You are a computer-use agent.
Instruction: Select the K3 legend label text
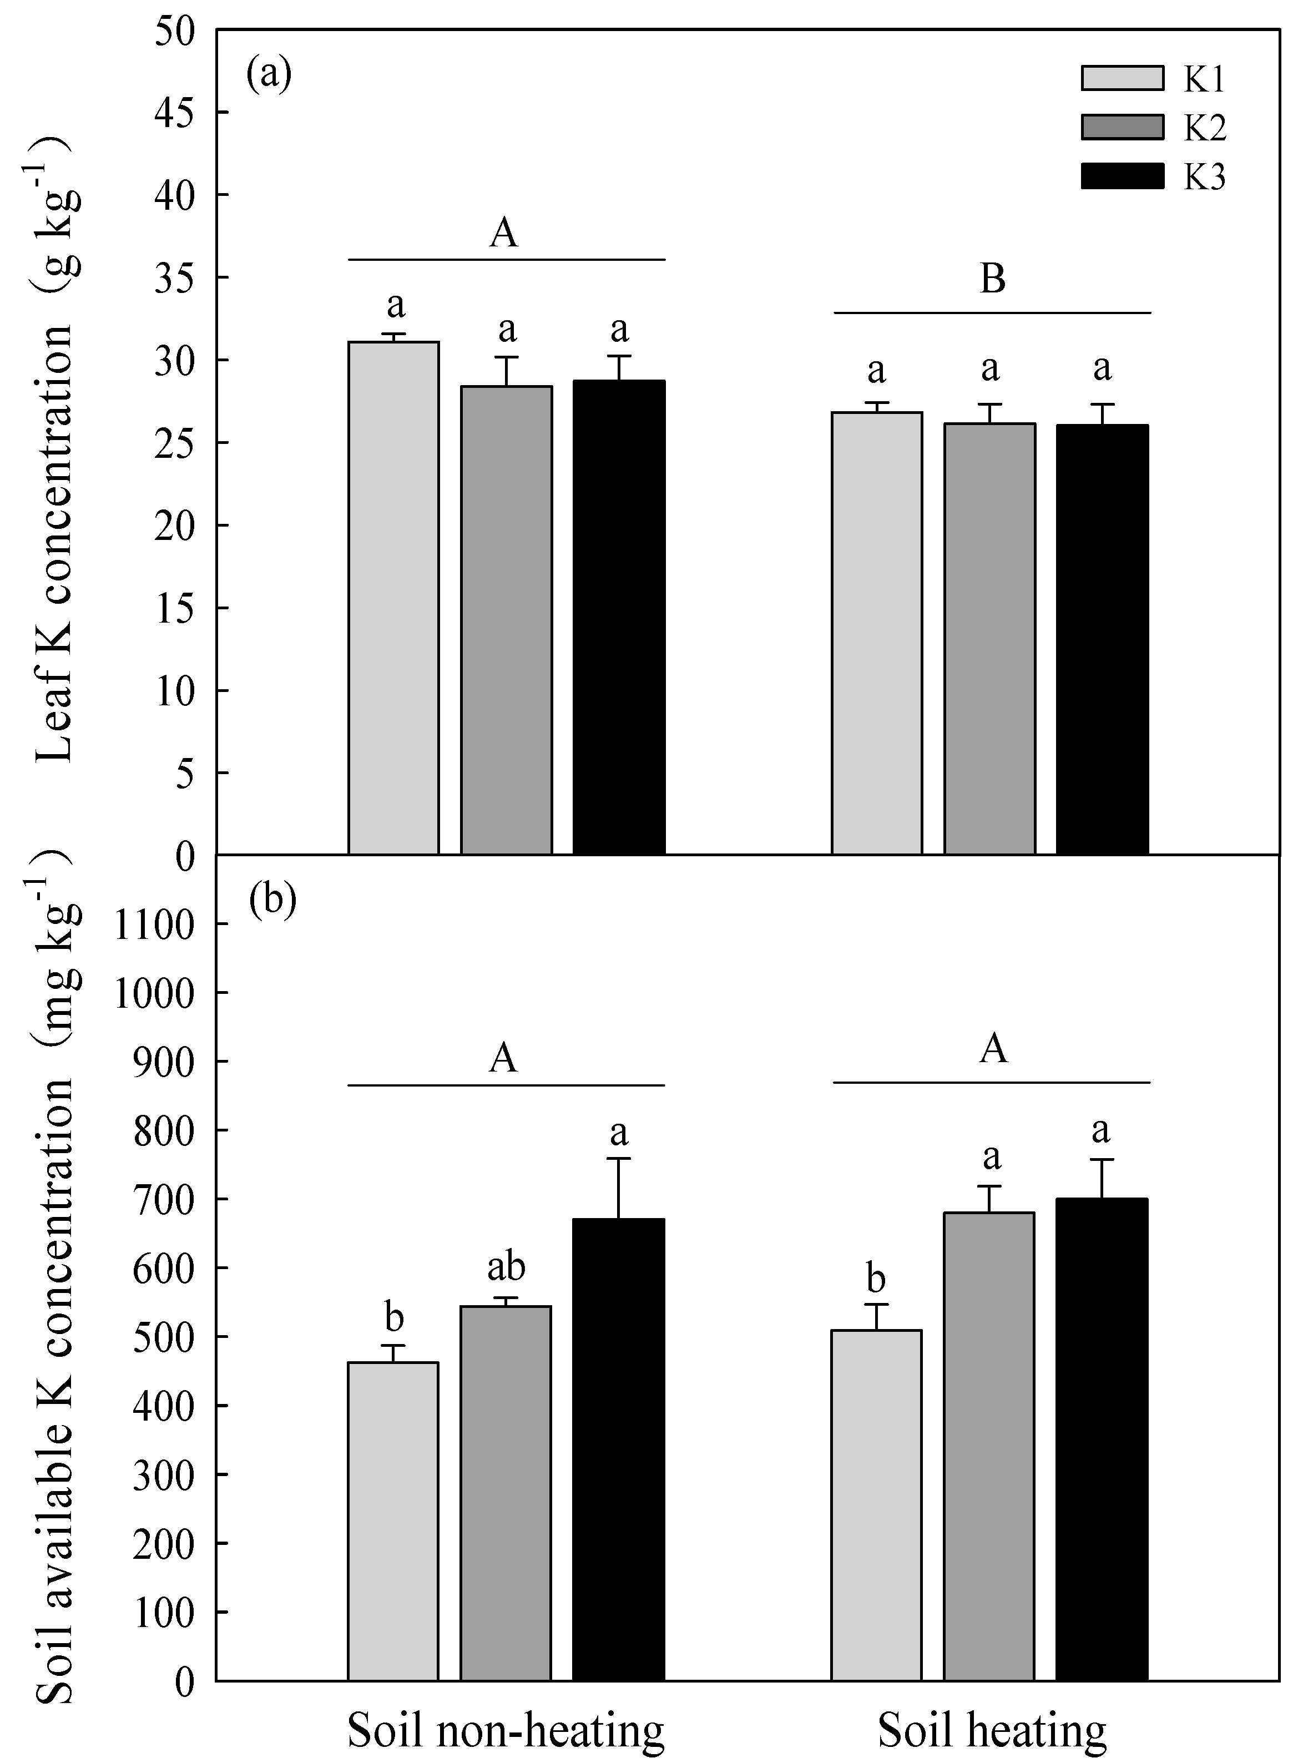1205,178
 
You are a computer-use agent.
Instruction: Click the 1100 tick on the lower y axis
154,925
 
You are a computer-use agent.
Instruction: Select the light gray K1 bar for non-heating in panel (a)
393,597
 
